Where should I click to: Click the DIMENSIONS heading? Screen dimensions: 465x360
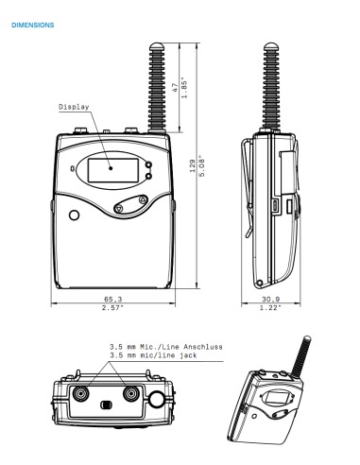point(32,22)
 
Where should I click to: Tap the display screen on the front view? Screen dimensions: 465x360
point(110,170)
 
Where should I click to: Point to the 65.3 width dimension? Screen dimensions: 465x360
point(111,299)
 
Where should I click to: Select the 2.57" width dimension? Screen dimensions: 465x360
point(111,307)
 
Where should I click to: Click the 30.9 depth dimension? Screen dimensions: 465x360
point(269,299)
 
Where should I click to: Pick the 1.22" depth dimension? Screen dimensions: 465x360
point(269,307)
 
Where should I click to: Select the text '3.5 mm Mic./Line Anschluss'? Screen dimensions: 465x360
point(165,346)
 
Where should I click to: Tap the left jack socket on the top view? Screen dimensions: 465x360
point(83,392)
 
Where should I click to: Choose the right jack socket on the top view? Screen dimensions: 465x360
point(129,392)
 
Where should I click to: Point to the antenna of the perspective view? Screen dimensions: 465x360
point(302,354)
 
